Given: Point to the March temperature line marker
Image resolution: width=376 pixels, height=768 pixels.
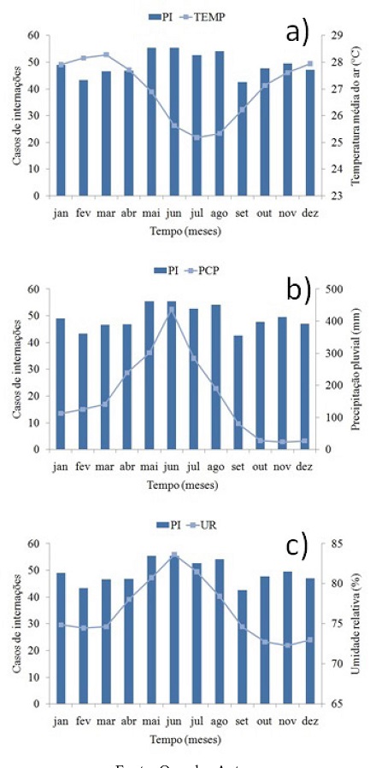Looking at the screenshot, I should click(x=106, y=55).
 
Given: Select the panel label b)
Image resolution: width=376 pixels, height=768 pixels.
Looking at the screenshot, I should click(x=298, y=291).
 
